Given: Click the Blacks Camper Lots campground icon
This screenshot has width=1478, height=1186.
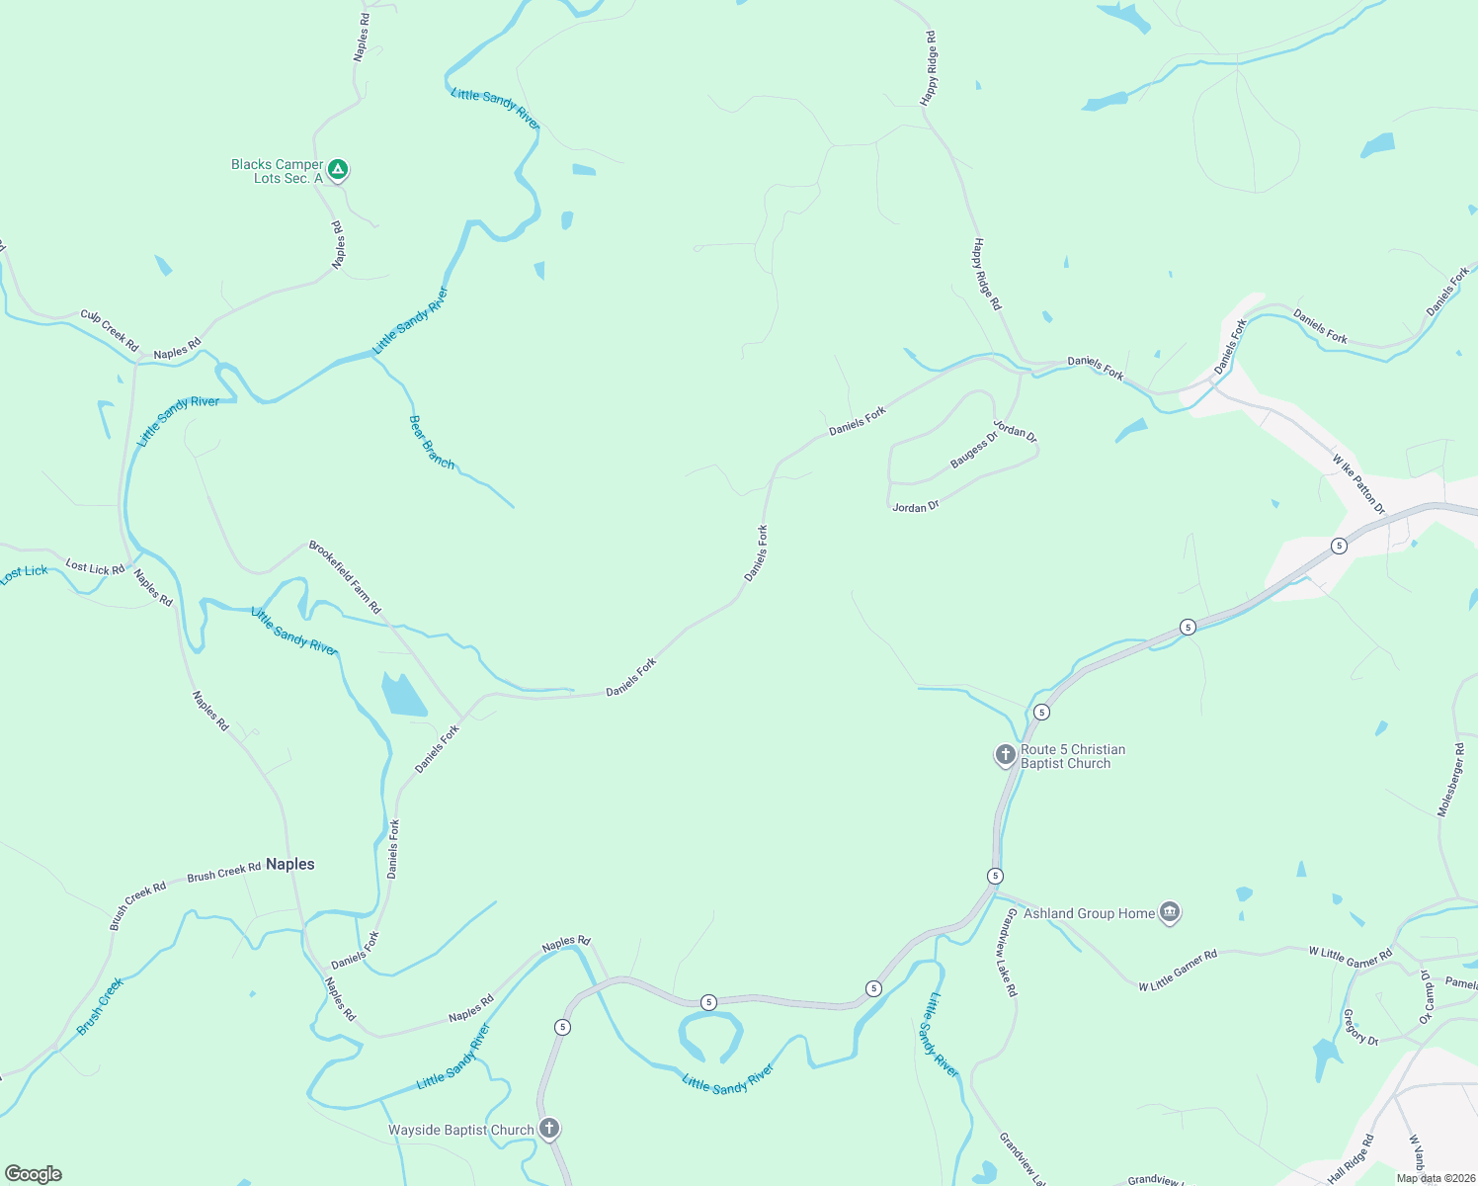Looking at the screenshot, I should click(338, 170).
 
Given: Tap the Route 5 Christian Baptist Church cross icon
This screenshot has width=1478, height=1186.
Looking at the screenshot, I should click(1005, 756).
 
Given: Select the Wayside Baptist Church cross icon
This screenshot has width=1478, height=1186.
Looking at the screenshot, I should click(549, 1129).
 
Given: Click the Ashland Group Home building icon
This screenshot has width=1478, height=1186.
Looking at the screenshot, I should click(1170, 912).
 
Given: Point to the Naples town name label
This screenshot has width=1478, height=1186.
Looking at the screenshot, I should click(290, 864).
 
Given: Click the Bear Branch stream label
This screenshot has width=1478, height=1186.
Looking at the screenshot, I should click(432, 442).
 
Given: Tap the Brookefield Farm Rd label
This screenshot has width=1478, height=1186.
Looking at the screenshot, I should click(345, 577).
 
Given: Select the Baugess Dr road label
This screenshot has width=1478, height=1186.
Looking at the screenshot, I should click(974, 450).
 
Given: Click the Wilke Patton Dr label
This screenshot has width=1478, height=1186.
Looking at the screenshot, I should click(1358, 484).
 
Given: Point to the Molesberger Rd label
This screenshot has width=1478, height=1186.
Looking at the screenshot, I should click(1451, 780).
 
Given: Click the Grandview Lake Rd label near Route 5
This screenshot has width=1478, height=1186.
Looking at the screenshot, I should click(1007, 953).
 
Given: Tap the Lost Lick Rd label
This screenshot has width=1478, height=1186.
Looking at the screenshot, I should click(95, 568).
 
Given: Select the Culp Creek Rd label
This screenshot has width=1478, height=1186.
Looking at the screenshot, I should click(110, 331).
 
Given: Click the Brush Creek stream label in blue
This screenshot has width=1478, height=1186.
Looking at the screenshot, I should click(101, 1006).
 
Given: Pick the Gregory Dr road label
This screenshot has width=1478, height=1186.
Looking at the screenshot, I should click(1360, 1027).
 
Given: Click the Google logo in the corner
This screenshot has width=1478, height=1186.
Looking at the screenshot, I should click(34, 1173).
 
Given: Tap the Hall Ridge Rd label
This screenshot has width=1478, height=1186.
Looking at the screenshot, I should click(1351, 1159).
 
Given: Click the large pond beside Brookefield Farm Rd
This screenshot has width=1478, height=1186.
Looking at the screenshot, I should click(403, 694).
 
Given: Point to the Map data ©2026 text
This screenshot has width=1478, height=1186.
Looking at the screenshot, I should click(1436, 1178).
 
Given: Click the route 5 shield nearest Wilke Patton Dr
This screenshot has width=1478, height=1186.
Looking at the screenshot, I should click(1339, 546).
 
